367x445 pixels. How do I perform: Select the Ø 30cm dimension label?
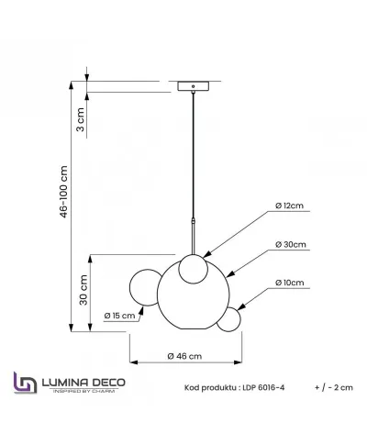point(290,247)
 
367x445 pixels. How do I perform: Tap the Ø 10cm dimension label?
point(290,284)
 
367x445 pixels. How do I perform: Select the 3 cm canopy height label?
point(80,117)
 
